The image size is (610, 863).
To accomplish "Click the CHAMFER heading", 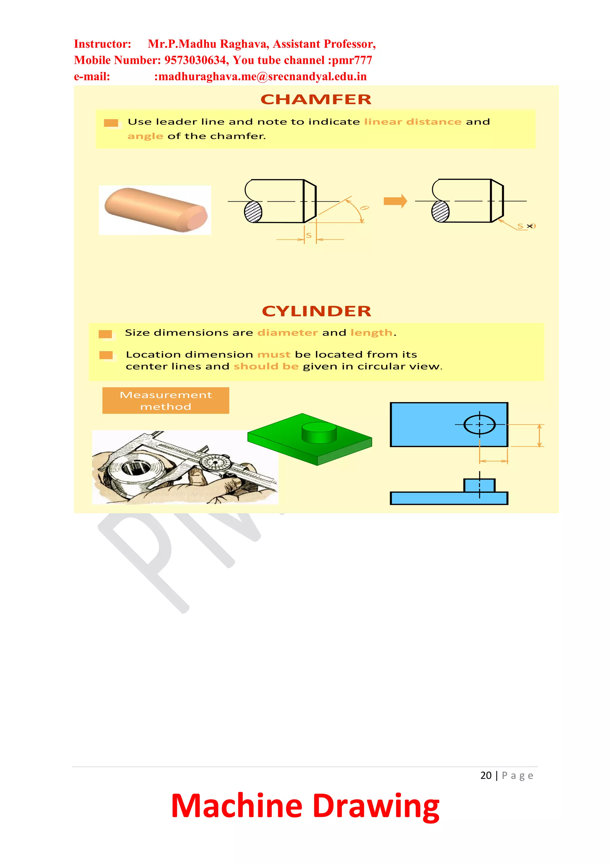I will (316, 99).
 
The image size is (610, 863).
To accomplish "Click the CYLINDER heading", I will (316, 311).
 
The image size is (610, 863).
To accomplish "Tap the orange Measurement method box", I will (166, 401).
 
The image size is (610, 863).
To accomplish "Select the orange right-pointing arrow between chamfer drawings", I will (395, 201).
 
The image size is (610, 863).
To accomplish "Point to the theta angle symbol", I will (364, 208).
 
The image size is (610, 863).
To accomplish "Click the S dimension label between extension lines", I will (309, 236).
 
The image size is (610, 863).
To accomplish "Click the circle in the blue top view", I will (479, 424).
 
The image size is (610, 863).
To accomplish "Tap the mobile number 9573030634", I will (195, 60).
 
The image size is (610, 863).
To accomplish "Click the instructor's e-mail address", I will (260, 77).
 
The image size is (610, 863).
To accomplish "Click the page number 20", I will (485, 775).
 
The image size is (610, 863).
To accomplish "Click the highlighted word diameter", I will (287, 333).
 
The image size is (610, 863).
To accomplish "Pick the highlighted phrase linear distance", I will (413, 122).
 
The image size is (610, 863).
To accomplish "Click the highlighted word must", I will (274, 354).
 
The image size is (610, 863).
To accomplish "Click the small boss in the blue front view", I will (479, 485).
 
